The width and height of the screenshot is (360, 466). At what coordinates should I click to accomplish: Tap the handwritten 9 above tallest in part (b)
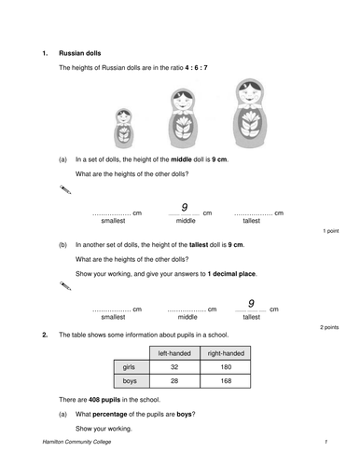pos(251,303)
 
